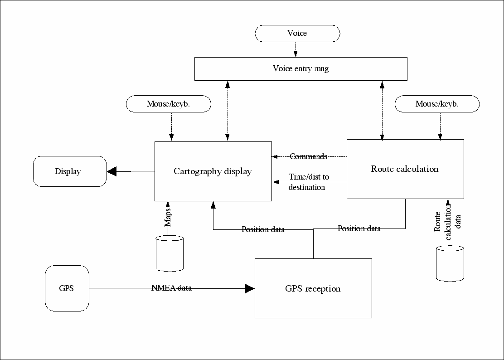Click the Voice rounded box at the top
click(x=297, y=34)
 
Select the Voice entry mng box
click(x=300, y=69)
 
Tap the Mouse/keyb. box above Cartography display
click(x=168, y=104)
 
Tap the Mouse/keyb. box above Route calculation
click(x=437, y=104)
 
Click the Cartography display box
click(x=213, y=171)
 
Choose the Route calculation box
click(x=405, y=169)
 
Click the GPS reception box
click(x=313, y=288)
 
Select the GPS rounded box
click(x=67, y=288)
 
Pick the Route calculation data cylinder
click(x=450, y=264)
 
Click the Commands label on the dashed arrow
click(x=308, y=156)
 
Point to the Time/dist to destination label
click(x=308, y=182)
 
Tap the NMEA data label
click(x=171, y=288)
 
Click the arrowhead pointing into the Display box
click(x=112, y=171)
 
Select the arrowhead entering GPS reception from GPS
click(x=249, y=288)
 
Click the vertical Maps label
click(x=168, y=217)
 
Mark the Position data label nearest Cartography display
click(x=263, y=229)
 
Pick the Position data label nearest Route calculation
click(x=359, y=229)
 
